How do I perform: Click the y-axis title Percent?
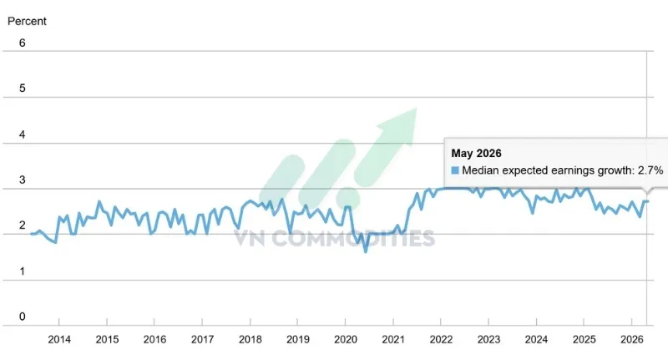click(x=27, y=22)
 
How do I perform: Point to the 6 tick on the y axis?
click(x=23, y=43)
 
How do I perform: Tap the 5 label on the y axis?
click(x=23, y=89)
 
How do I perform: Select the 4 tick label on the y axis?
click(x=23, y=134)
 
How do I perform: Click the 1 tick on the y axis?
click(x=23, y=271)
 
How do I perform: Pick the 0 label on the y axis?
click(x=23, y=317)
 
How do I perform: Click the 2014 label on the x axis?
click(x=59, y=340)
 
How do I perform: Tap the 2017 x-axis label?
click(x=202, y=340)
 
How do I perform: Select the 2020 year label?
click(x=346, y=340)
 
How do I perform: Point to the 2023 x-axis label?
click(x=488, y=340)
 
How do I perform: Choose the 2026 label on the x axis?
click(x=632, y=340)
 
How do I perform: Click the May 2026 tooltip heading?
click(x=476, y=154)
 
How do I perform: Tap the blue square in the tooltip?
click(x=455, y=170)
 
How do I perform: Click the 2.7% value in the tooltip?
click(x=650, y=170)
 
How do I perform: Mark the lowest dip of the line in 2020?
click(x=366, y=251)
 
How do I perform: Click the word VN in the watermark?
click(x=250, y=238)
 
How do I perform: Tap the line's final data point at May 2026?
click(x=647, y=201)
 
